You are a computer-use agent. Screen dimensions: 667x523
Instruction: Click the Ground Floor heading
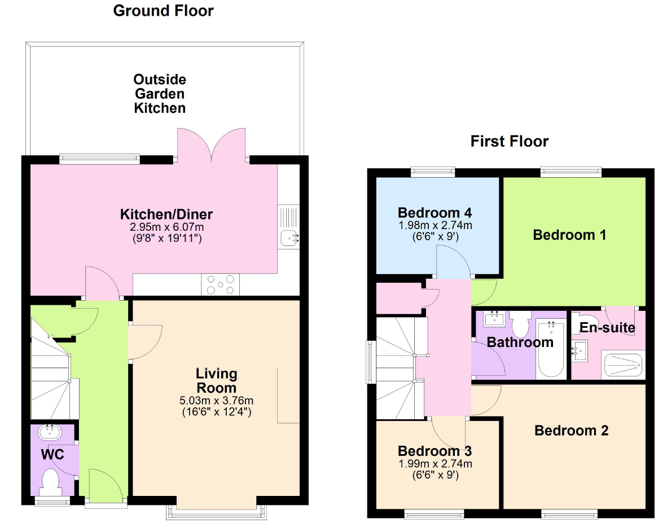tap(163, 11)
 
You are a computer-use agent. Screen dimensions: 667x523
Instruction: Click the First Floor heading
tap(509, 141)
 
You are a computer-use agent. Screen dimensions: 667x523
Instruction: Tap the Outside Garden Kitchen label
tap(160, 94)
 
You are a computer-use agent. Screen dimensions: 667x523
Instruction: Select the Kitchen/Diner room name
tap(166, 214)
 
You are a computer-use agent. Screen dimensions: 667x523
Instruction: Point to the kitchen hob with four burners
tap(220, 285)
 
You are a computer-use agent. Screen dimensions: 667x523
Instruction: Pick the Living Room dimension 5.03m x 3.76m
tap(217, 401)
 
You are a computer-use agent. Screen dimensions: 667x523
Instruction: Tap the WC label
tap(52, 454)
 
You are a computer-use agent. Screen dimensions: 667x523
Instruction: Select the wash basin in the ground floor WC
tap(50, 432)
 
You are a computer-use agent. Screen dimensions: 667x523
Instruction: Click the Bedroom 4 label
tap(435, 212)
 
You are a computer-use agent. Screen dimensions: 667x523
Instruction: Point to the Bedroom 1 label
tap(569, 235)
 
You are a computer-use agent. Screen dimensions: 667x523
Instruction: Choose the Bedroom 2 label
tap(571, 430)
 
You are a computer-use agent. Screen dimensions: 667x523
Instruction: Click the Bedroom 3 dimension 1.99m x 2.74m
tap(435, 463)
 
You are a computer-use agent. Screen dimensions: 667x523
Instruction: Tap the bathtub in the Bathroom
tap(551, 350)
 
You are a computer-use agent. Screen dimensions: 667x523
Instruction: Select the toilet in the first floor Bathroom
tap(520, 324)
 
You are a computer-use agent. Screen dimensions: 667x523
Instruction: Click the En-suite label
tap(607, 327)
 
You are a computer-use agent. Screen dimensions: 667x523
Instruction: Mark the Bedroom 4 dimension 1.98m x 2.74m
tap(435, 225)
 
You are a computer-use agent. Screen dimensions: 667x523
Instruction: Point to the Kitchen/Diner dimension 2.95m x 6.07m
tap(167, 227)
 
